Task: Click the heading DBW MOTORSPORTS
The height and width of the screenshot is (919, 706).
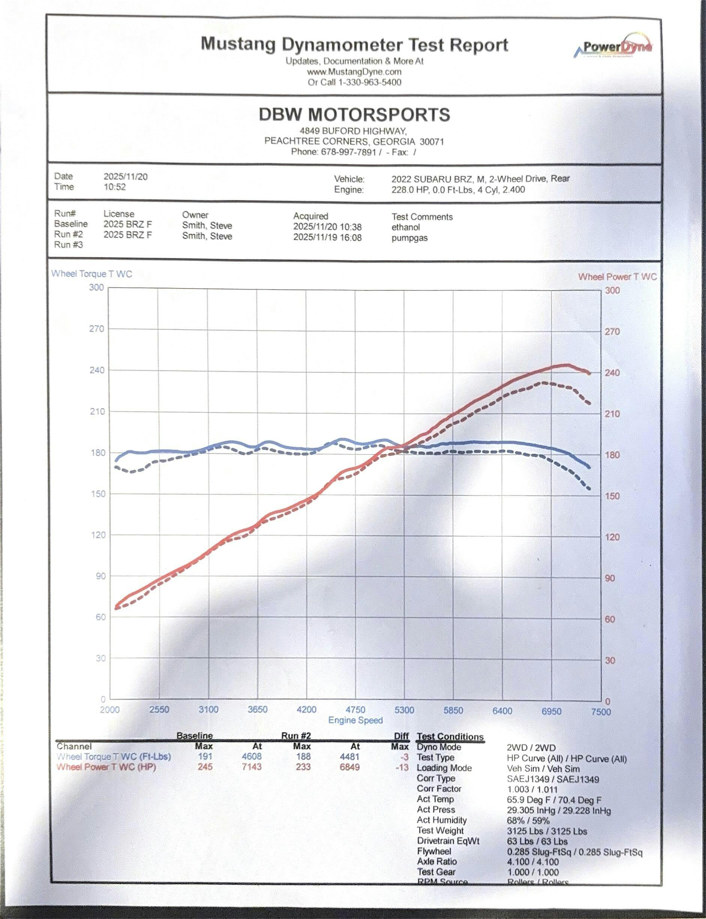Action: pyautogui.click(x=354, y=115)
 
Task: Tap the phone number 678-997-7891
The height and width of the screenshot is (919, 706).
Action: pyautogui.click(x=348, y=152)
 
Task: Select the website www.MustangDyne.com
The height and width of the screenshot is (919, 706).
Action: pyautogui.click(x=354, y=72)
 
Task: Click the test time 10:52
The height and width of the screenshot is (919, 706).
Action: pyautogui.click(x=115, y=187)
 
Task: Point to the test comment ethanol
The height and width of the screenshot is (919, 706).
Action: pyautogui.click(x=406, y=227)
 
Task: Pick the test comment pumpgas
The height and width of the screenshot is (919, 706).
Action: pyautogui.click(x=409, y=238)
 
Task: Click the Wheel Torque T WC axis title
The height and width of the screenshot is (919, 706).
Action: pyautogui.click(x=91, y=274)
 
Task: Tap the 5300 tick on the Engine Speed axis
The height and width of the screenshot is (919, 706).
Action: pyautogui.click(x=404, y=710)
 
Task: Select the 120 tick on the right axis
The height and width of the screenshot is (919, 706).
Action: pyautogui.click(x=612, y=537)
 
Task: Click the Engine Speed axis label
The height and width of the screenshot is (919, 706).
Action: pyautogui.click(x=355, y=720)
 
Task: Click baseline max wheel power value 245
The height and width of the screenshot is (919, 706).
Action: pyautogui.click(x=205, y=767)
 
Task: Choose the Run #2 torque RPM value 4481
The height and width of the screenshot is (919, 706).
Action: pyautogui.click(x=350, y=756)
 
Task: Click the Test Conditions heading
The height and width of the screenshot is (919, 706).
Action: pyautogui.click(x=450, y=737)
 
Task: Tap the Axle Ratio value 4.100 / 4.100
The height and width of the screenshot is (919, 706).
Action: pyautogui.click(x=533, y=861)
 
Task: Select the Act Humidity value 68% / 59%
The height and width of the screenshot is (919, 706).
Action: pyautogui.click(x=528, y=820)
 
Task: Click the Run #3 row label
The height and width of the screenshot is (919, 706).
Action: pyautogui.click(x=69, y=244)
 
